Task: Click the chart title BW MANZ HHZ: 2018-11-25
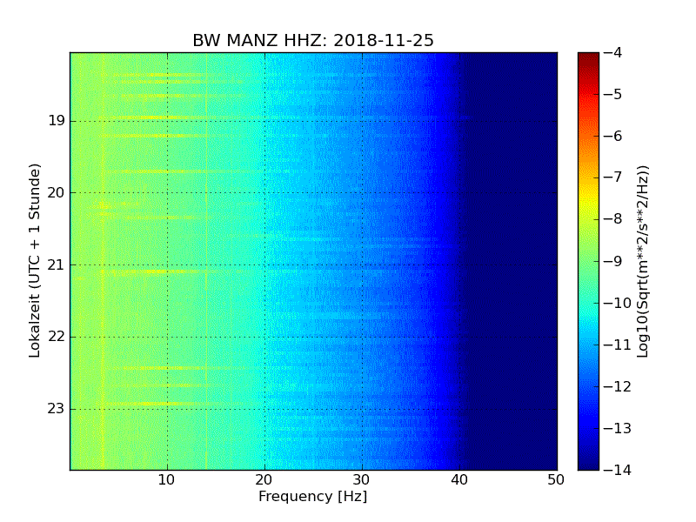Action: pyautogui.click(x=313, y=41)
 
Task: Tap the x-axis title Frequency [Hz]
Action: pyautogui.click(x=312, y=497)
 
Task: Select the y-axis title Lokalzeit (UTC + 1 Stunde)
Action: pyautogui.click(x=36, y=260)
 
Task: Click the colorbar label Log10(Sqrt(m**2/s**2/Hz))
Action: pyautogui.click(x=643, y=261)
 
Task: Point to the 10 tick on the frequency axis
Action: pyautogui.click(x=167, y=479)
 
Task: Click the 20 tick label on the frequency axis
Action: pyautogui.click(x=264, y=479)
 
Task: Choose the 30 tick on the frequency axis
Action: pyautogui.click(x=362, y=479)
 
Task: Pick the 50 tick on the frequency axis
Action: pyautogui.click(x=556, y=479)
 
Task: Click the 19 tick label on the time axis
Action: pyautogui.click(x=57, y=120)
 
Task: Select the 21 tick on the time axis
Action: pyautogui.click(x=57, y=264)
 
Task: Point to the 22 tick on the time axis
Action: pyautogui.click(x=57, y=337)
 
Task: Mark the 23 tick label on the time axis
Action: pyautogui.click(x=57, y=408)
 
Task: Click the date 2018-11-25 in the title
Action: pyautogui.click(x=385, y=41)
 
